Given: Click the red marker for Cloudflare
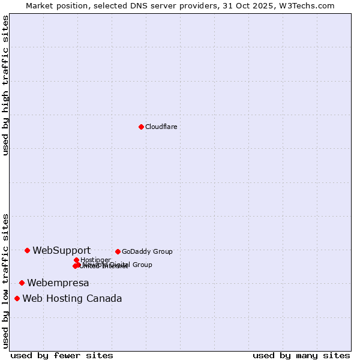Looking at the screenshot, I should pyautogui.click(x=141, y=127).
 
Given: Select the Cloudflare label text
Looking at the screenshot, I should pyautogui.click(x=161, y=127).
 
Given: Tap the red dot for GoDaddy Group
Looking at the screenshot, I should pyautogui.click(x=118, y=251).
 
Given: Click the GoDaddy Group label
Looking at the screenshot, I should pyautogui.click(x=147, y=251).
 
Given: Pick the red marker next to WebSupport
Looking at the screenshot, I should pyautogui.click(x=27, y=250).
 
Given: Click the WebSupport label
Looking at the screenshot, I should pyautogui.click(x=62, y=250).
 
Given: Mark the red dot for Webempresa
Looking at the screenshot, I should pyautogui.click(x=22, y=283).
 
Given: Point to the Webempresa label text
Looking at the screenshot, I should pyautogui.click(x=58, y=283).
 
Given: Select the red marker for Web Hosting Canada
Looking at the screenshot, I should pyautogui.click(x=17, y=298).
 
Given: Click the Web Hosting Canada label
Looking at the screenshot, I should pyautogui.click(x=72, y=298).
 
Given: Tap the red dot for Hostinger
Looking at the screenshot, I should pyautogui.click(x=76, y=260).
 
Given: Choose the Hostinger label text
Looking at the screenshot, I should pyautogui.click(x=95, y=260).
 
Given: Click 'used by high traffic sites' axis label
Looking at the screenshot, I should pyautogui.click(x=5, y=85).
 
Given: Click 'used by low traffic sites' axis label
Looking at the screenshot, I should pyautogui.click(x=5, y=280).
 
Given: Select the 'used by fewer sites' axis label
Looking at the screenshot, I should pyautogui.click(x=62, y=355).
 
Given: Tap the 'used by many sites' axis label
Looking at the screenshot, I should pyautogui.click(x=301, y=355).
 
